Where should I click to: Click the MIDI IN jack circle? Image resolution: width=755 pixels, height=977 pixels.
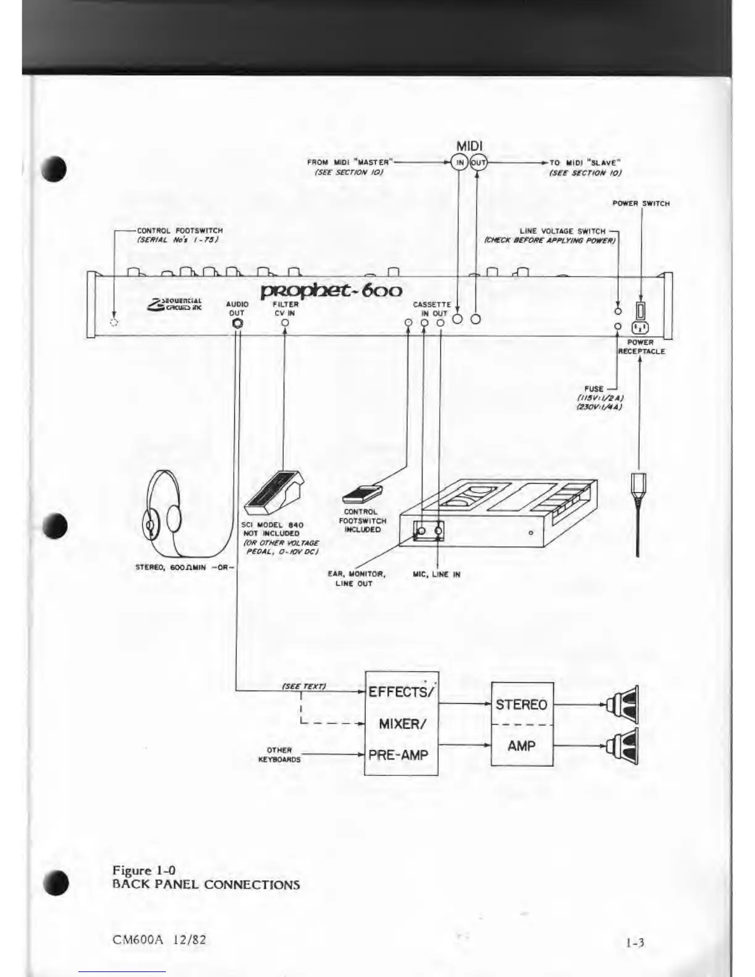click(x=460, y=163)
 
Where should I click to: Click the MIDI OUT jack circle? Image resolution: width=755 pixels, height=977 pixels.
click(x=479, y=163)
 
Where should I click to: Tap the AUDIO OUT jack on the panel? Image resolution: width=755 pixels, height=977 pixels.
click(x=237, y=323)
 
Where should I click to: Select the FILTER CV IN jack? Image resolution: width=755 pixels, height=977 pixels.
click(x=285, y=322)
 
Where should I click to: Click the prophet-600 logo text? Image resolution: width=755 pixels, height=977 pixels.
click(x=332, y=290)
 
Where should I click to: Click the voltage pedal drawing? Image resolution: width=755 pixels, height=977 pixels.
click(x=272, y=493)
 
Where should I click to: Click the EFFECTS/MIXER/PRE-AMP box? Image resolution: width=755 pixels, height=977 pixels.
click(x=402, y=723)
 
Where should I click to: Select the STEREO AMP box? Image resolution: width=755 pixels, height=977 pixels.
click(x=522, y=724)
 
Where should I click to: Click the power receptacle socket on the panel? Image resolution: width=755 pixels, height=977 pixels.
click(x=640, y=326)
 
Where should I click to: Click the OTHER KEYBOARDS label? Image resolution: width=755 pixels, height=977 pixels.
click(x=279, y=755)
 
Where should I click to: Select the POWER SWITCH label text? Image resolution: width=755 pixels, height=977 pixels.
click(x=641, y=203)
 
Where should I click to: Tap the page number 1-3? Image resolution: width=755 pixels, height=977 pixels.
click(x=635, y=942)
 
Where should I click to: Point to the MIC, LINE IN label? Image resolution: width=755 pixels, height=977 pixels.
click(x=437, y=574)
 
